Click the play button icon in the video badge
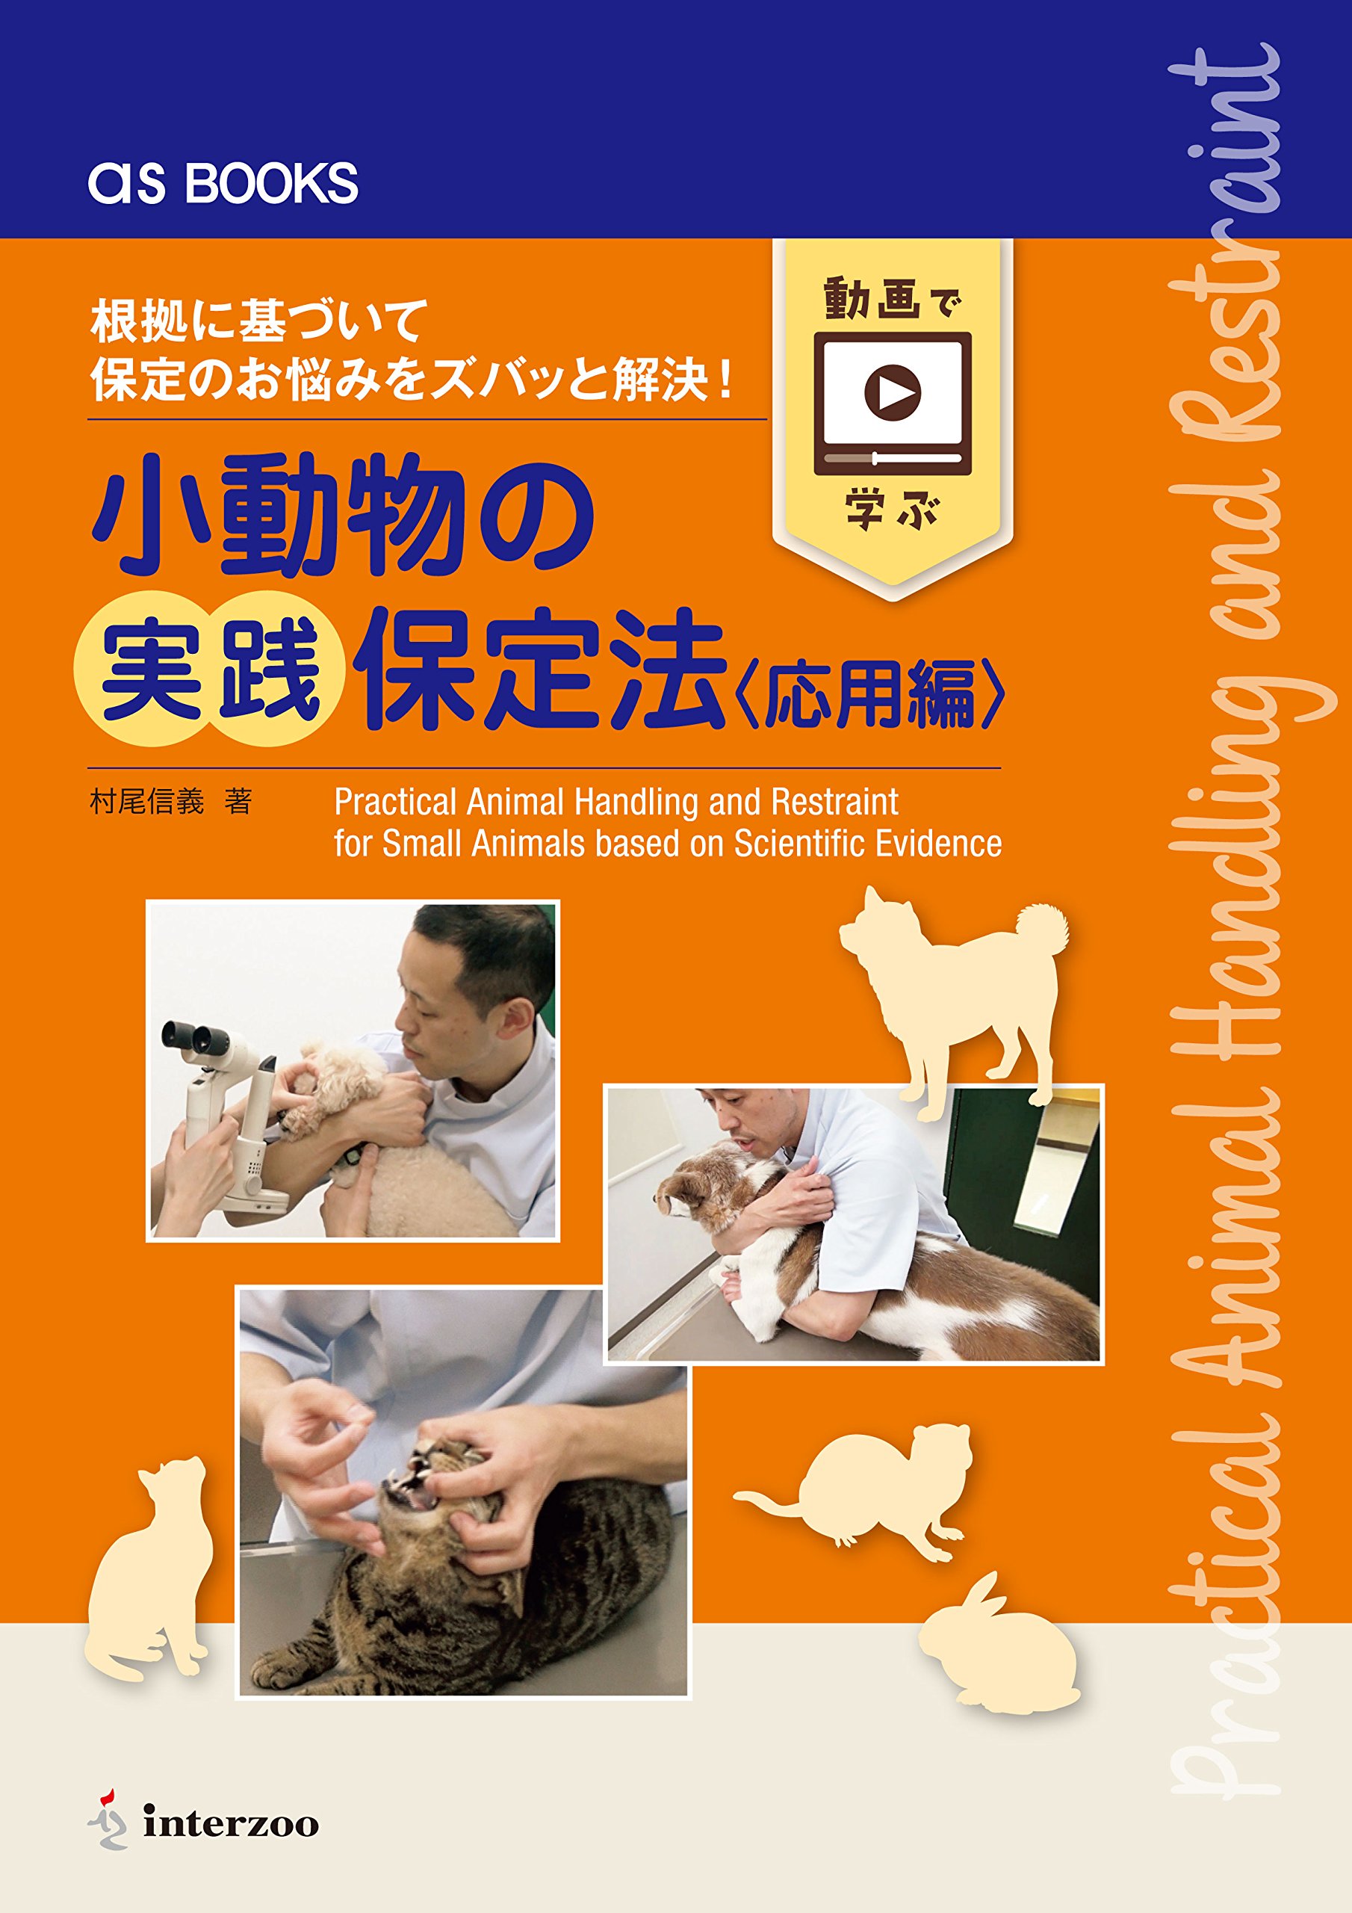(x=892, y=391)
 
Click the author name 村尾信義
(x=146, y=802)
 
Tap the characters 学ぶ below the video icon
(x=891, y=510)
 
